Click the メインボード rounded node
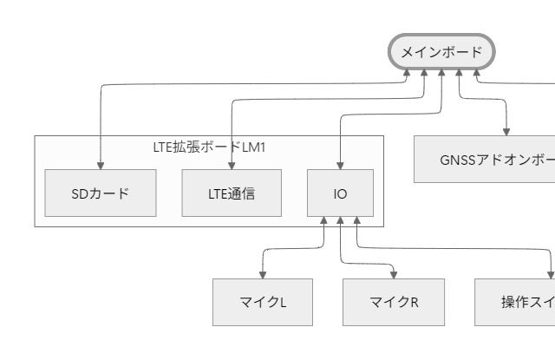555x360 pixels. click(441, 52)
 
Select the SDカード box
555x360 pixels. click(101, 193)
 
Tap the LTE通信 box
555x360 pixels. click(232, 193)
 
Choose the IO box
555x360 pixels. click(340, 193)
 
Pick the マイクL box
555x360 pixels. click(263, 302)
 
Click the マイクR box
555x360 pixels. click(393, 302)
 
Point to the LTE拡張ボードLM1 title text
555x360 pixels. click(209, 147)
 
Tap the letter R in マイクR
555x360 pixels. click(414, 302)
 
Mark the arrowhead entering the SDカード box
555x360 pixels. click(101, 165)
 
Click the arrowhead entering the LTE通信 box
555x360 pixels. click(232, 165)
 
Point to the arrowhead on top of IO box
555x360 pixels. click(340, 165)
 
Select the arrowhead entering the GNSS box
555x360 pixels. click(506, 131)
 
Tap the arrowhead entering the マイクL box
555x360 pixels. click(263, 274)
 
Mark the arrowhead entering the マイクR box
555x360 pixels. click(393, 274)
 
